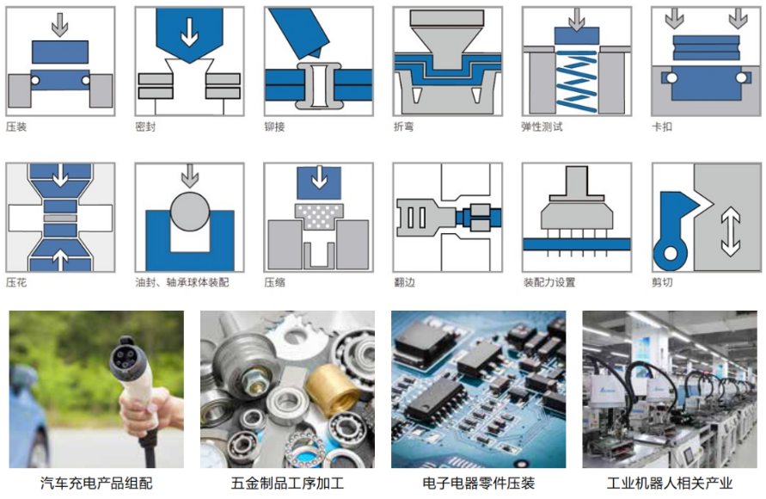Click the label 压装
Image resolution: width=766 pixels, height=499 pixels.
click(16, 127)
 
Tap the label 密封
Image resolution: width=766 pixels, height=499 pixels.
click(145, 127)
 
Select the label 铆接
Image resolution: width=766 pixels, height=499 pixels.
click(274, 127)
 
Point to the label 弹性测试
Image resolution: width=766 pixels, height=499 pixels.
click(542, 127)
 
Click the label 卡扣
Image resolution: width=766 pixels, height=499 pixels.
click(662, 127)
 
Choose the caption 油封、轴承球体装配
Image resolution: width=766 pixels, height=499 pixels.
click(182, 282)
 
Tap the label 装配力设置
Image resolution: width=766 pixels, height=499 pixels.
click(549, 282)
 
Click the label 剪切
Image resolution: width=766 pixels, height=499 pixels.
click(662, 282)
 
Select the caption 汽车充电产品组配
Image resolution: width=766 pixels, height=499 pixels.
click(97, 484)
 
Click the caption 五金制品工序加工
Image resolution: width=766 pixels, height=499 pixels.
click(287, 484)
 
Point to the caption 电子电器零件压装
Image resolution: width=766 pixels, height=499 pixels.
click(478, 484)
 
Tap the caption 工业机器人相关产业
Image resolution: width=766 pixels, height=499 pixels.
click(670, 484)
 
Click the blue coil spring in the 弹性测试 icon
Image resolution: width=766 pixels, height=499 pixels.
click(577, 81)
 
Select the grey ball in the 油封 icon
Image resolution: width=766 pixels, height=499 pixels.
click(190, 212)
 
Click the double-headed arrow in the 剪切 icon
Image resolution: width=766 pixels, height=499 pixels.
click(731, 231)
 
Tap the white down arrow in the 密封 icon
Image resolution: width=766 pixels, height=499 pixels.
click(189, 32)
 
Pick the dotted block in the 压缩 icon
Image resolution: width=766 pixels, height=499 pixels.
click(318, 217)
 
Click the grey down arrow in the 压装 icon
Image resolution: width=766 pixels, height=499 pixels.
click(60, 25)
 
